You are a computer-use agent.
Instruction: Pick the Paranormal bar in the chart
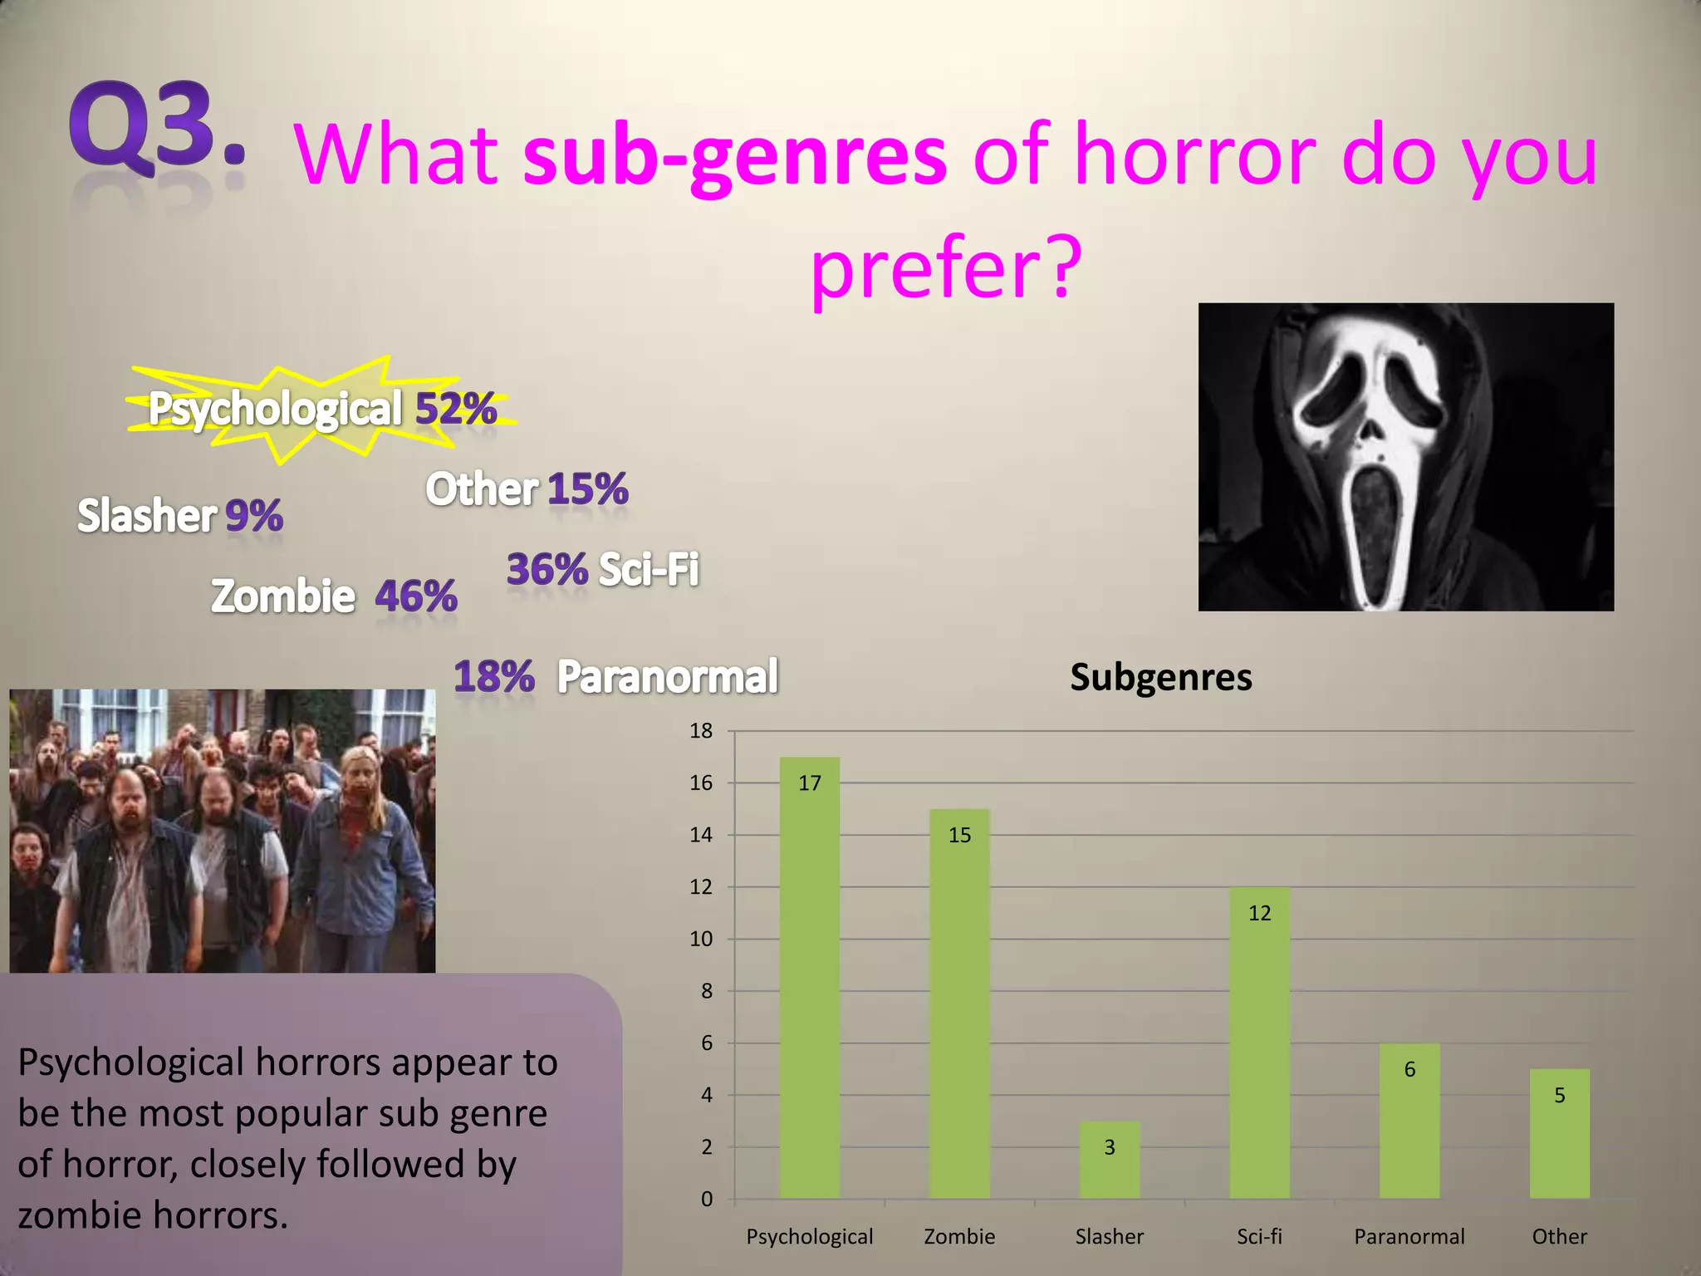(1409, 1121)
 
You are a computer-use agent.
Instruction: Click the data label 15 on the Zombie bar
(959, 835)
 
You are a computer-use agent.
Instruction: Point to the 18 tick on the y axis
(701, 731)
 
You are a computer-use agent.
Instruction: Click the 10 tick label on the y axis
(701, 939)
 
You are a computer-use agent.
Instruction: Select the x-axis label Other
(1559, 1236)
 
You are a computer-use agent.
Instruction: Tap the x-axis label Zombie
(959, 1236)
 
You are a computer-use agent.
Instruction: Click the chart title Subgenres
(1160, 677)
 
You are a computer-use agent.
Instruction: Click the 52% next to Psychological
(455, 409)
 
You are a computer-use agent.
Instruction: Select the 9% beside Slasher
(253, 515)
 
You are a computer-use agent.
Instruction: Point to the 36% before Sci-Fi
(547, 569)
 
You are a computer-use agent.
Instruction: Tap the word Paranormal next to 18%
(667, 676)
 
